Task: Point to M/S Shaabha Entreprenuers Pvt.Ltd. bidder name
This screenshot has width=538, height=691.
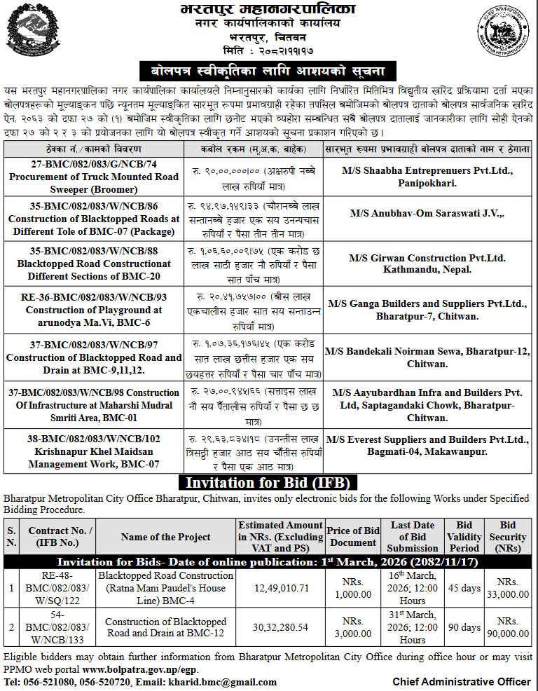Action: [428, 171]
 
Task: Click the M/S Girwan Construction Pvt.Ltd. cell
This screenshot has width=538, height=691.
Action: [428, 264]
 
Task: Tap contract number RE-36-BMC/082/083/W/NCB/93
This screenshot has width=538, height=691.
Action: [93, 298]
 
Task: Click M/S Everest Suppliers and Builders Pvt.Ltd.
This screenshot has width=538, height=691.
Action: [428, 446]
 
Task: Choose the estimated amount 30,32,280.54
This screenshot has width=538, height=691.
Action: [280, 627]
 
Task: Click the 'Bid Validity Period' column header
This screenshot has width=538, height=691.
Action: [464, 536]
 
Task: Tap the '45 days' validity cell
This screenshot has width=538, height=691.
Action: [464, 587]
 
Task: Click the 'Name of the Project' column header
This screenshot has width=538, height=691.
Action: [165, 537]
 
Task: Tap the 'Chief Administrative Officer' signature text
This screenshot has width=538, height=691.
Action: [461, 682]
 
